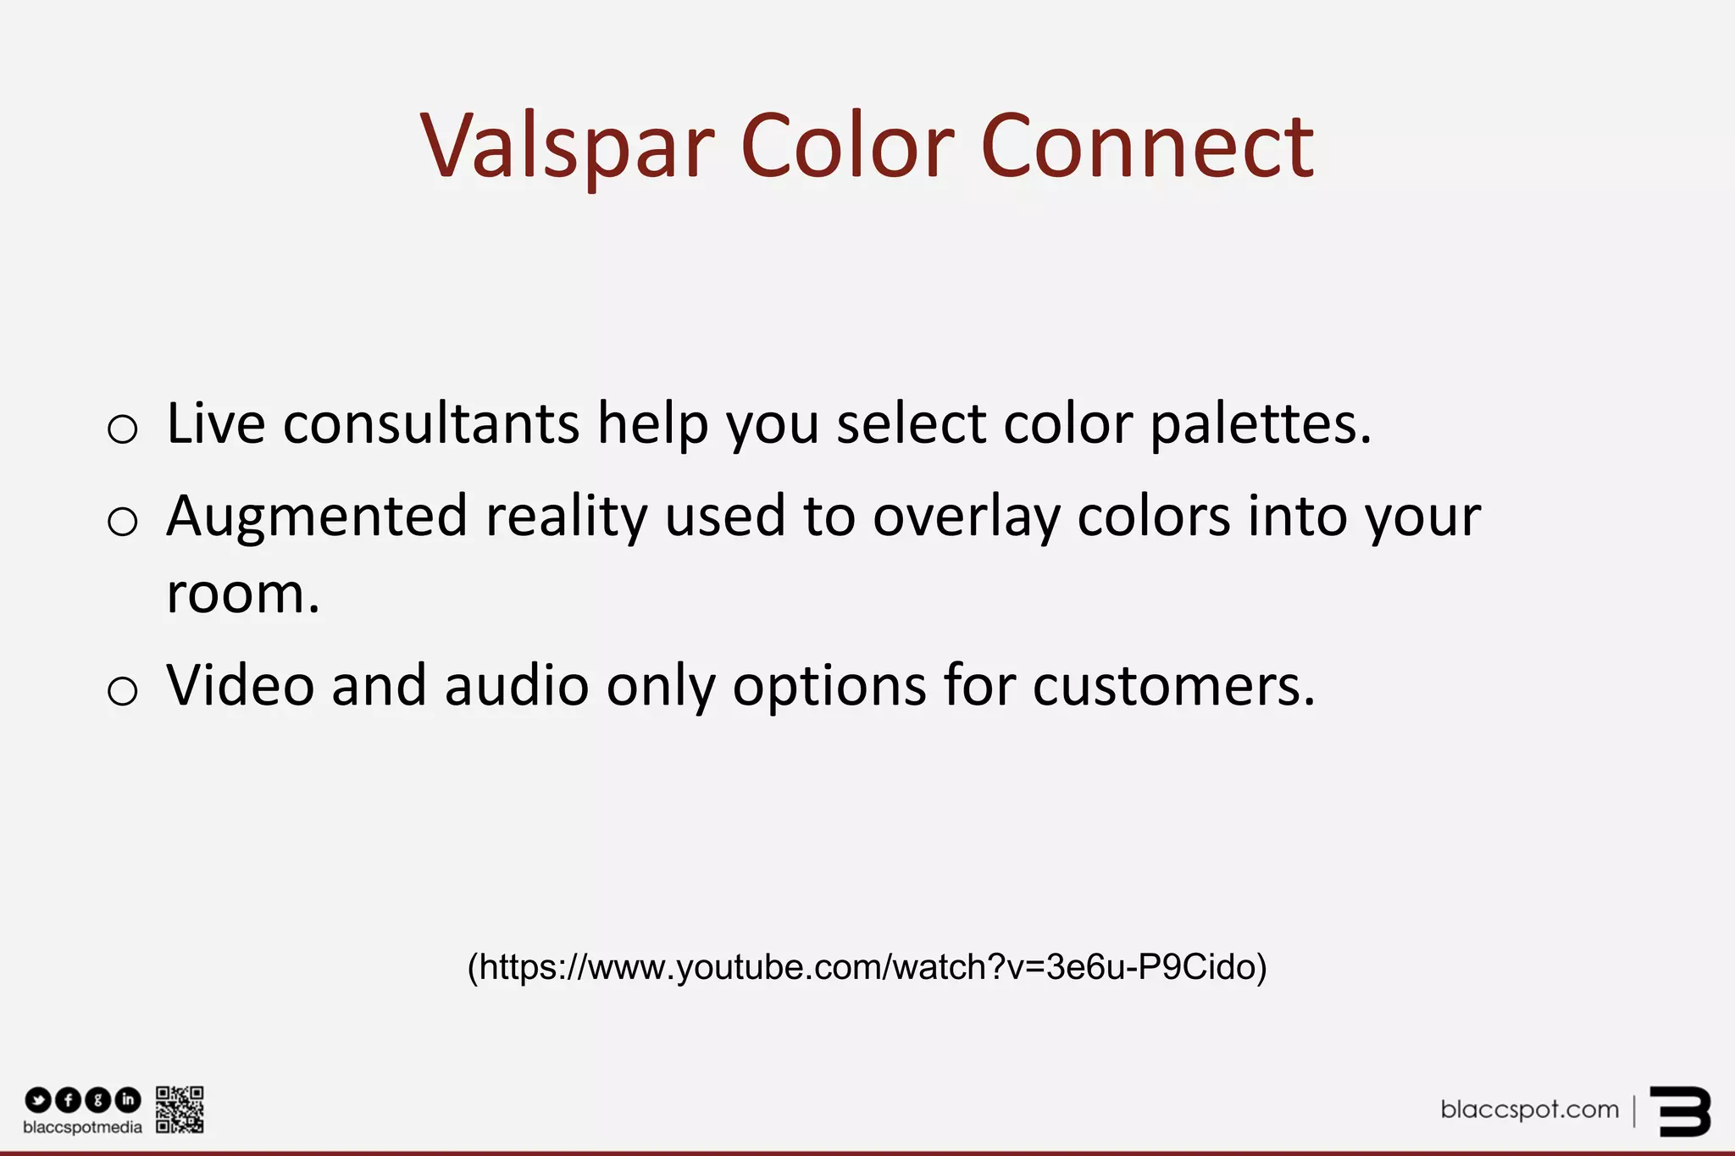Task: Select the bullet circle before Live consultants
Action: [123, 429]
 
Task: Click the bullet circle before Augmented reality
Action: [123, 521]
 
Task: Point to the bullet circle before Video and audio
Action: [123, 690]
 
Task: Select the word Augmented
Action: [316, 517]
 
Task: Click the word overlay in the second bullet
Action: [966, 517]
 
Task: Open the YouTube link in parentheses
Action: [867, 967]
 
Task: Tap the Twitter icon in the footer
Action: [38, 1100]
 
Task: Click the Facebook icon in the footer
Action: [68, 1100]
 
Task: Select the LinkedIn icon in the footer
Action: [128, 1100]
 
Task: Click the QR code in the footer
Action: [180, 1109]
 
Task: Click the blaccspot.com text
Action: [1529, 1109]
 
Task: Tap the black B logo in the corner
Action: [1680, 1111]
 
